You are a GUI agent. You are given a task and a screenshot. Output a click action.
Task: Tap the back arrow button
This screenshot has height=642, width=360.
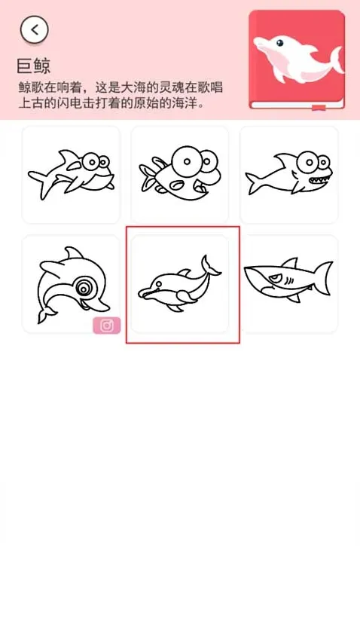(35, 29)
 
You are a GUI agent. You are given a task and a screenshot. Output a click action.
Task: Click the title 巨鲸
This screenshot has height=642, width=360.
(34, 66)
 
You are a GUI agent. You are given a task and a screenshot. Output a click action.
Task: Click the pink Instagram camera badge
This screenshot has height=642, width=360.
(107, 326)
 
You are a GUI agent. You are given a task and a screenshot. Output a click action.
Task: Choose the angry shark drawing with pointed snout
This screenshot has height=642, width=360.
(288, 282)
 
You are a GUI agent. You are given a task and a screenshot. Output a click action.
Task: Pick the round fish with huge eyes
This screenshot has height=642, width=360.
(179, 174)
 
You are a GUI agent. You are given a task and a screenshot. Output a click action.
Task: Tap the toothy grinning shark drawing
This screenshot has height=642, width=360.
(288, 175)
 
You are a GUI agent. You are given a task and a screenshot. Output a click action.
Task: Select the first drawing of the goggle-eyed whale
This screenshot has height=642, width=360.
(72, 174)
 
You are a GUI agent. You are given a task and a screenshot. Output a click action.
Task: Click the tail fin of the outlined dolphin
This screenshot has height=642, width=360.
(209, 265)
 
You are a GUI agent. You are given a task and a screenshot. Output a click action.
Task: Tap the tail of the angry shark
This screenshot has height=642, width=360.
(324, 278)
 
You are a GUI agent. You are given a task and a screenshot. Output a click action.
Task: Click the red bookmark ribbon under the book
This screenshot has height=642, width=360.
(319, 108)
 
